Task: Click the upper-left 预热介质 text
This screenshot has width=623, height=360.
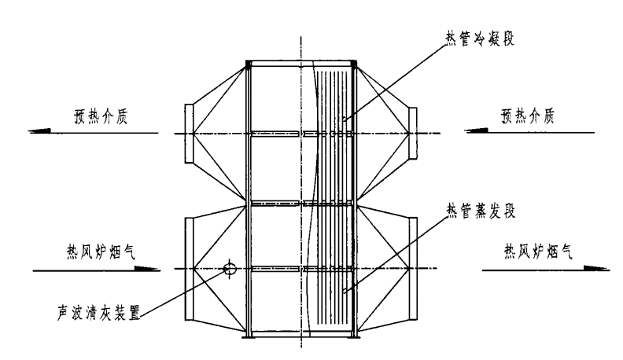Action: coord(85,117)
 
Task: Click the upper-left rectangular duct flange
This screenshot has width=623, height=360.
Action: coord(188,134)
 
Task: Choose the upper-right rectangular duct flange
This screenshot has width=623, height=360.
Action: coord(415,134)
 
